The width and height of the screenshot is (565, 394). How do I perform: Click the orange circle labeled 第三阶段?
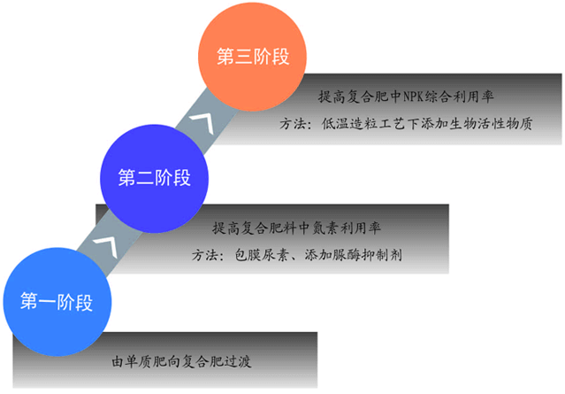coord(254,56)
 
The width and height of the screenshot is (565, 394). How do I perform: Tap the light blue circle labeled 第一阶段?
coord(55,299)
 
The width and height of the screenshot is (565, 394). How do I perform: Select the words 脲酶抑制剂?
coord(377,255)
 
